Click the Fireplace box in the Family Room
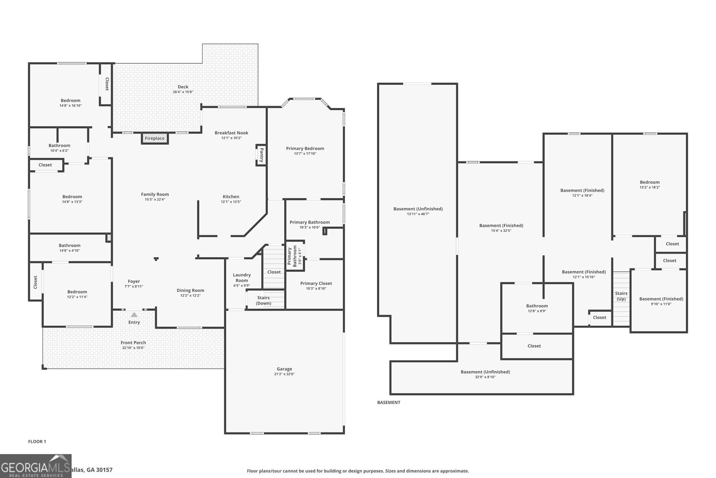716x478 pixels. pyautogui.click(x=155, y=138)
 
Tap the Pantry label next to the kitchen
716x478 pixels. pyautogui.click(x=261, y=155)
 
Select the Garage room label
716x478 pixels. pyautogui.click(x=284, y=369)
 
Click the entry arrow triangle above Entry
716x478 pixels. pyautogui.click(x=134, y=315)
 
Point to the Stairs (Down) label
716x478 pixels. pyautogui.click(x=263, y=301)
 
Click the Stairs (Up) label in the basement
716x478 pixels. pyautogui.click(x=621, y=296)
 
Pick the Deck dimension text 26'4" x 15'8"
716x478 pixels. pyautogui.click(x=183, y=92)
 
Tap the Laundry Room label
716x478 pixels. pyautogui.click(x=242, y=278)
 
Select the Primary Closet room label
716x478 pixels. pyautogui.click(x=316, y=283)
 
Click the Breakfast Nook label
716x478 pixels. pyautogui.click(x=231, y=133)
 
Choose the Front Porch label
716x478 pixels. pyautogui.click(x=133, y=343)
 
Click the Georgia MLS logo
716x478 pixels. pyautogui.click(x=36, y=466)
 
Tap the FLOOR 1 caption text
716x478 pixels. pyautogui.click(x=37, y=442)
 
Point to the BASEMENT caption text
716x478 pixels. pyautogui.click(x=388, y=402)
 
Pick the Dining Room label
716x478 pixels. pyautogui.click(x=190, y=290)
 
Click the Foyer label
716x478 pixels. pyautogui.click(x=134, y=281)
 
